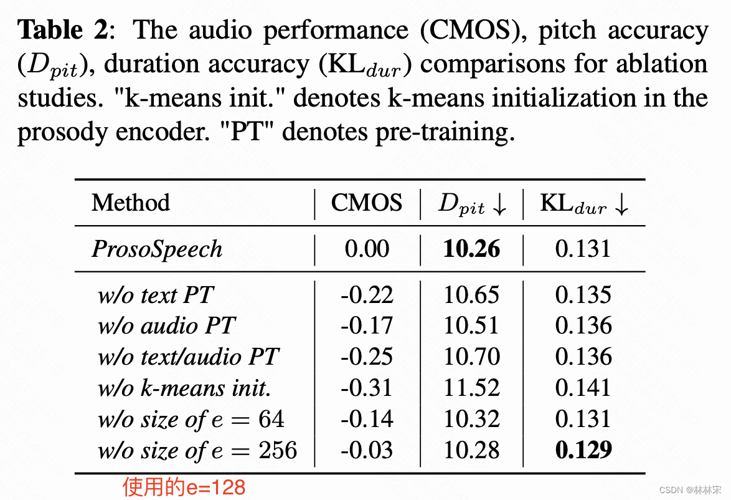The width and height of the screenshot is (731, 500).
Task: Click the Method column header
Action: [x=131, y=203]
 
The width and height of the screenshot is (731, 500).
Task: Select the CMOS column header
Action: [x=367, y=203]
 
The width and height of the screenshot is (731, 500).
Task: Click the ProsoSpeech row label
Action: [x=157, y=249]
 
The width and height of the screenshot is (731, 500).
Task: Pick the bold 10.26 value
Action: [x=471, y=249]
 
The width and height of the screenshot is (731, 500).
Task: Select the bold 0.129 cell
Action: [x=583, y=450]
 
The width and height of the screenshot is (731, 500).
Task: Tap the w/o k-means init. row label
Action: [x=184, y=388]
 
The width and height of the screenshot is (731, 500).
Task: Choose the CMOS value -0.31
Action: [x=367, y=388]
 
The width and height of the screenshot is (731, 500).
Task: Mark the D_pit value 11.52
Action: [x=471, y=388]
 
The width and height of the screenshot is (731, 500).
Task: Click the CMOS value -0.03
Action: [x=367, y=450]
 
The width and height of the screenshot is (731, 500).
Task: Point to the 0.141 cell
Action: [x=583, y=388]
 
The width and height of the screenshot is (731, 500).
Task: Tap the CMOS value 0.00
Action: [x=367, y=249]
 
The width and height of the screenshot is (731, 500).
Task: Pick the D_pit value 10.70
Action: [x=471, y=357]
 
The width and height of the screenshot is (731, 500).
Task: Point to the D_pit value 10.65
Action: [x=471, y=295]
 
